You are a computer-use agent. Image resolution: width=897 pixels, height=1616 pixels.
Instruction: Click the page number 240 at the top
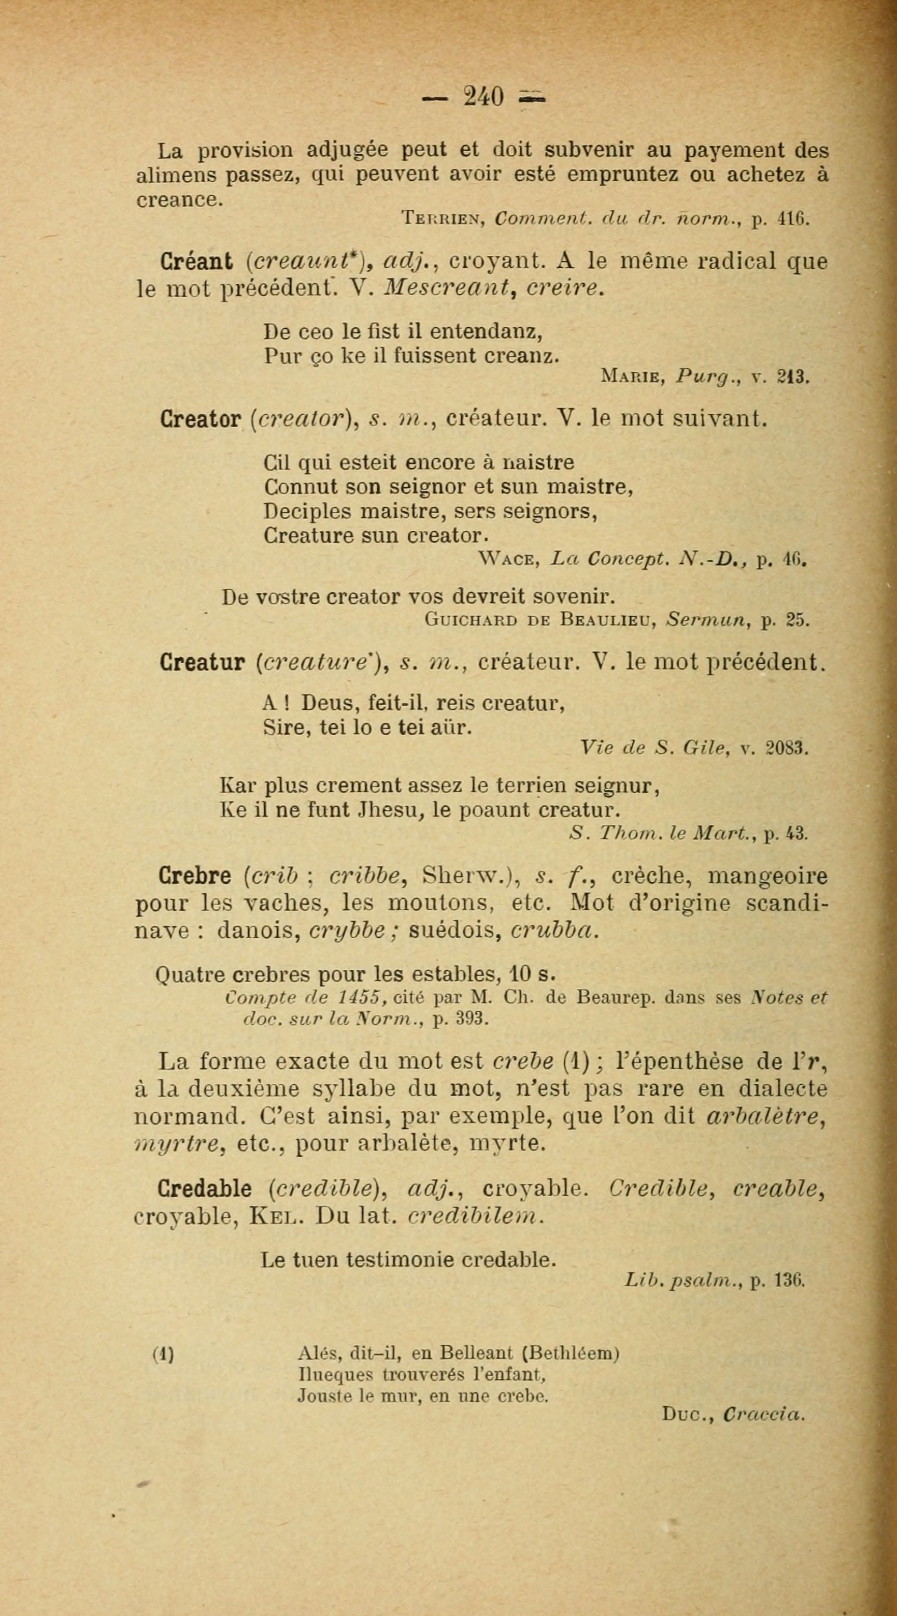point(483,97)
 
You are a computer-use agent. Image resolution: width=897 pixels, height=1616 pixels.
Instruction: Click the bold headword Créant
point(195,261)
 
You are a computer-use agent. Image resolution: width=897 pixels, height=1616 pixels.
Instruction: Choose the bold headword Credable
point(205,1189)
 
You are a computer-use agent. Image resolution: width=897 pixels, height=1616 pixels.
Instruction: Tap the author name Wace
point(508,558)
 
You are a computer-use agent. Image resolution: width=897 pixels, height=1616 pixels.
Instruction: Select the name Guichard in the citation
point(471,620)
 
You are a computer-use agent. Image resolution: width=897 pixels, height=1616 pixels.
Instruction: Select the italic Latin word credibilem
point(474,1216)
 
